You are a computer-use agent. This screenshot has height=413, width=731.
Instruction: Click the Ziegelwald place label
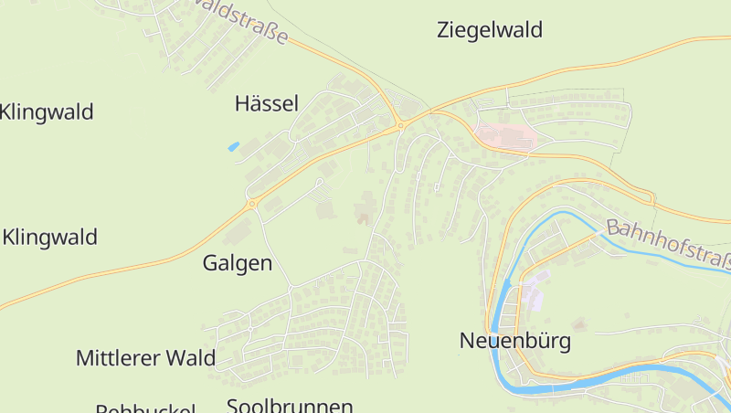click(x=490, y=30)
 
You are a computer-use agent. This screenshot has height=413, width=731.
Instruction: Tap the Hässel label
click(x=267, y=104)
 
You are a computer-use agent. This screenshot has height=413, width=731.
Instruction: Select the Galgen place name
click(x=237, y=264)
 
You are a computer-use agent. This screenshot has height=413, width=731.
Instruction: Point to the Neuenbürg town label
click(x=514, y=342)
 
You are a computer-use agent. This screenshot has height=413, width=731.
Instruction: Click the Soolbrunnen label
click(x=290, y=406)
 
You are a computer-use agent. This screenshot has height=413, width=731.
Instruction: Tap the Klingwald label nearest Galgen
click(x=50, y=238)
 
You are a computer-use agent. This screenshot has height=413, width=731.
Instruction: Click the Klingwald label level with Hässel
click(x=47, y=113)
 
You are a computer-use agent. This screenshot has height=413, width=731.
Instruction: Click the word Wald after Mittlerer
click(x=191, y=357)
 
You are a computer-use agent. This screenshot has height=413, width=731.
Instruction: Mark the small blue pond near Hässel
click(x=233, y=146)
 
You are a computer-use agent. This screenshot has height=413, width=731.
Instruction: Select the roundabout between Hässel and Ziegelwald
click(x=400, y=125)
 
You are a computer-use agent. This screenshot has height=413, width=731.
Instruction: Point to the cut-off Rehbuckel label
click(x=145, y=408)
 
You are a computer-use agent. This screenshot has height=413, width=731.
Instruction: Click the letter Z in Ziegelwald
click(x=444, y=30)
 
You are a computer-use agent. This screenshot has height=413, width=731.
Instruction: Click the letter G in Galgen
click(x=209, y=264)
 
